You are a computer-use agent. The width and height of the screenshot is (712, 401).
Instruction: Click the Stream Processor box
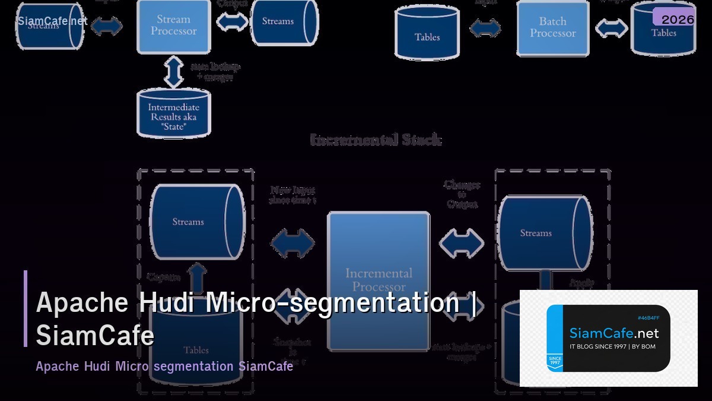tap(173, 26)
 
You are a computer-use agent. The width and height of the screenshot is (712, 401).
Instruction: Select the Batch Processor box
tap(552, 28)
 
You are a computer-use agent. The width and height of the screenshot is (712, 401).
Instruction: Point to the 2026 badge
tap(677, 19)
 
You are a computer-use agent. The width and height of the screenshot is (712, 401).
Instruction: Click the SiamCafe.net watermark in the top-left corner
tap(52, 21)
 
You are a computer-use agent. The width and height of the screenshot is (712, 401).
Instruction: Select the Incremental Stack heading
tap(376, 140)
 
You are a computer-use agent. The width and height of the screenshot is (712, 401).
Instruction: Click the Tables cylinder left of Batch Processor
tap(427, 34)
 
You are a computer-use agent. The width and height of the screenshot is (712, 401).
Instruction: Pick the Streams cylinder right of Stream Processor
tap(284, 22)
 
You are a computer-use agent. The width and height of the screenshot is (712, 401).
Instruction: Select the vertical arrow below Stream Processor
tap(173, 72)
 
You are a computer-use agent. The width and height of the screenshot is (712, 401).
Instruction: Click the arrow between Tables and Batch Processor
tap(485, 28)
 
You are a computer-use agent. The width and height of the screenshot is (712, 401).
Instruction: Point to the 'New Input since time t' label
tap(293, 195)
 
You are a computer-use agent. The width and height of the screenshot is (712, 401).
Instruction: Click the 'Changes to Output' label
tap(462, 194)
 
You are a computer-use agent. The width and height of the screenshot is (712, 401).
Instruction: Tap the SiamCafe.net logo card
tap(608, 338)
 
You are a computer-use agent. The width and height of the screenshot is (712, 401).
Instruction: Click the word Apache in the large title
tap(82, 302)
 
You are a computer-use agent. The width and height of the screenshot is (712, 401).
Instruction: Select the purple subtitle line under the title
tap(164, 366)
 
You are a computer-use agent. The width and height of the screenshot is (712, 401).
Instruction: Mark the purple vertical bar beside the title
tap(26, 308)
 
